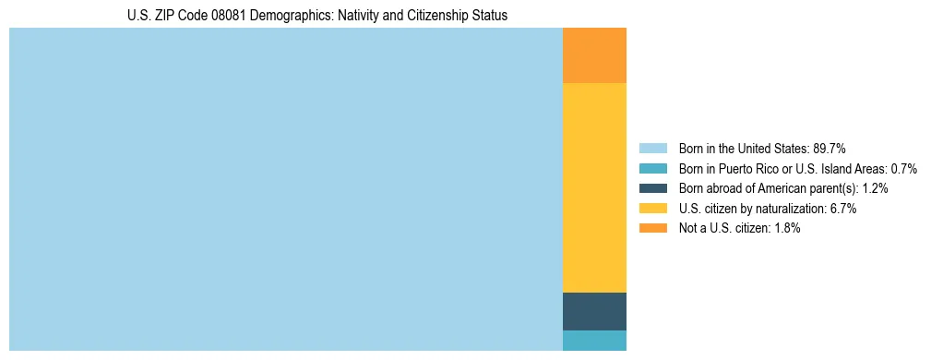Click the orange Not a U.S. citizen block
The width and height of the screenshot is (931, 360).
click(x=594, y=55)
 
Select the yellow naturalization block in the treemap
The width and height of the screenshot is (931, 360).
click(x=594, y=187)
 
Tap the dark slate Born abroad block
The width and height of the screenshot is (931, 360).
click(x=594, y=311)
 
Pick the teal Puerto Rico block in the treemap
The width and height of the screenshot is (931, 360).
click(x=594, y=340)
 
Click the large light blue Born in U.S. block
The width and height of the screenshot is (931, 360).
click(x=285, y=189)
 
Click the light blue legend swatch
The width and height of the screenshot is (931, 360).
click(x=652, y=148)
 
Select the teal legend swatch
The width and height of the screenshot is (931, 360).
click(x=652, y=168)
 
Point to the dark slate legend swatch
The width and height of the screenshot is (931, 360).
click(x=652, y=188)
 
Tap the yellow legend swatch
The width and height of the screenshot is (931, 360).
click(x=652, y=209)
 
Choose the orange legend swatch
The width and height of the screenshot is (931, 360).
click(x=652, y=228)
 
